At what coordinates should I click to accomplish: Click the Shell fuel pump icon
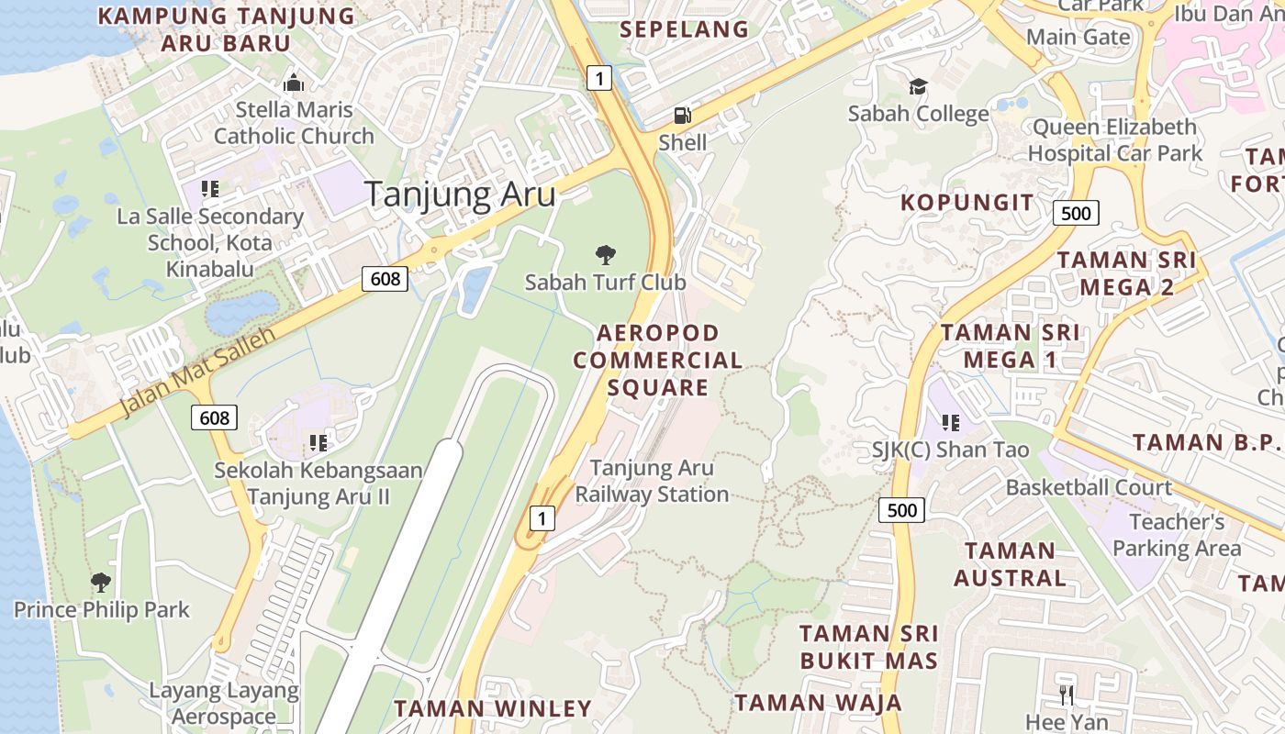(682, 116)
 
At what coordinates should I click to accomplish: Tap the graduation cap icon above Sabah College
(918, 87)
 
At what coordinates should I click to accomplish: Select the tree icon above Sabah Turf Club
(605, 255)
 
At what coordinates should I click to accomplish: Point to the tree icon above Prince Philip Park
(101, 582)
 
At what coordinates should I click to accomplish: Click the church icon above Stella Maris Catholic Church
(294, 83)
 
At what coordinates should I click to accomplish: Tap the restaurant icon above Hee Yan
(1066, 695)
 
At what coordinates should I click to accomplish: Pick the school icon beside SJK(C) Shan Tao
(951, 423)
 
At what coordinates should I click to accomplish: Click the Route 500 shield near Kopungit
(1075, 214)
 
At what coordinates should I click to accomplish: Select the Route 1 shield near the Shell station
(599, 79)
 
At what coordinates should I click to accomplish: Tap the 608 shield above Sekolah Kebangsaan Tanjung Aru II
(215, 418)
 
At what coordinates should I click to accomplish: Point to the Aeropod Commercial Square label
(658, 360)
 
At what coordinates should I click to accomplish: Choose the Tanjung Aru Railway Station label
(652, 481)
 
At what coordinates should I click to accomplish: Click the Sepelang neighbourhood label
(685, 29)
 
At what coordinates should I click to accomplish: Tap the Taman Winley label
(493, 708)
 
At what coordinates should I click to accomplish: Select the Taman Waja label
(818, 703)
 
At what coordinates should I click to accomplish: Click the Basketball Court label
(1089, 487)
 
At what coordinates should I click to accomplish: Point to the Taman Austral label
(1011, 564)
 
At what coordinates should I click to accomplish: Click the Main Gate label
(1078, 37)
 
